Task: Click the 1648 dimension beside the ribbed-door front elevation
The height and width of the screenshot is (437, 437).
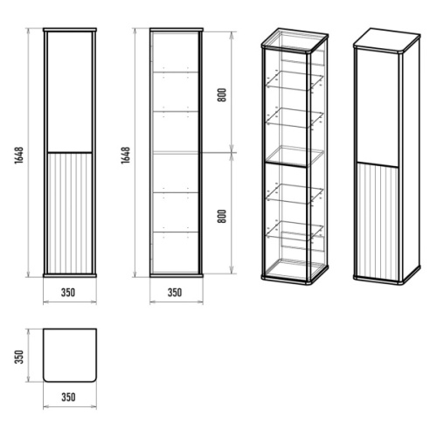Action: [x=19, y=156]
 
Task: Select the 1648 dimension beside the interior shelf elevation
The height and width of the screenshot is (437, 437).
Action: [x=126, y=156]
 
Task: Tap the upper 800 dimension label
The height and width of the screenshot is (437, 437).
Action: [x=222, y=95]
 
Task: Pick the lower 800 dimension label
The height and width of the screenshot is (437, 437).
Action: [x=222, y=216]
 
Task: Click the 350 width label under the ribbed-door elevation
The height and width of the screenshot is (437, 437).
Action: [x=68, y=292]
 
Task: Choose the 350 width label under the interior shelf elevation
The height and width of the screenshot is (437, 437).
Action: [x=175, y=292]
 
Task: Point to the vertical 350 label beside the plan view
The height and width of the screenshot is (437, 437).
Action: [x=19, y=357]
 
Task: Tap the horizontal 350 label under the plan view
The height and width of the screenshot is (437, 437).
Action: [x=68, y=397]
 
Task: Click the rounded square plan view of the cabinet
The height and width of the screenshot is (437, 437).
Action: [x=70, y=355]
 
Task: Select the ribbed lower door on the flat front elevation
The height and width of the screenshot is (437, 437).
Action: [x=70, y=213]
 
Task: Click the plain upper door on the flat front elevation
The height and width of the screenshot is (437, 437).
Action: [x=70, y=92]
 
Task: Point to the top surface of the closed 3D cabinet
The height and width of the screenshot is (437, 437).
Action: [x=387, y=40]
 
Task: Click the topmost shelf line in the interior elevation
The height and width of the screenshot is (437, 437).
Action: [x=176, y=72]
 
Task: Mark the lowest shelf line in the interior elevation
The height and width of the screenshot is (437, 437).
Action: [x=176, y=232]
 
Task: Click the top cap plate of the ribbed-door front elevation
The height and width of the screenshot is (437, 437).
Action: [x=70, y=30]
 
